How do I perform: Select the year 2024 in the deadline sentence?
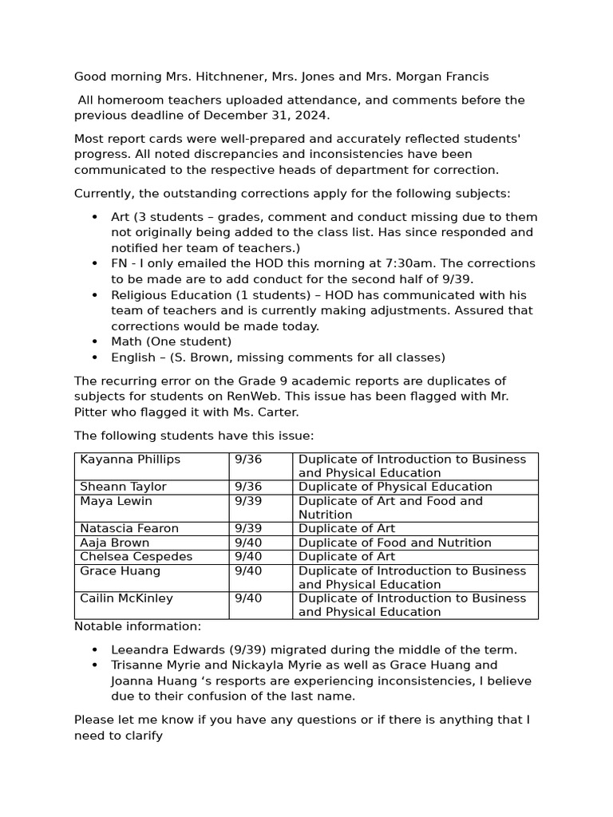click(x=312, y=115)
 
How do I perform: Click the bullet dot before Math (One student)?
click(x=95, y=341)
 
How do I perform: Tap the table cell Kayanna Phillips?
click(x=130, y=460)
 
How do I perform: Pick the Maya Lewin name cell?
click(x=116, y=501)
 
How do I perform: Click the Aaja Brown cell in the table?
click(x=115, y=543)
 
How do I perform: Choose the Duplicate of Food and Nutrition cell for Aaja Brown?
click(x=394, y=543)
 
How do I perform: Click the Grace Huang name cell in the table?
click(x=120, y=571)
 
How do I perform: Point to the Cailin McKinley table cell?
click(x=126, y=598)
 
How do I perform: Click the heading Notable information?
click(x=137, y=626)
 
